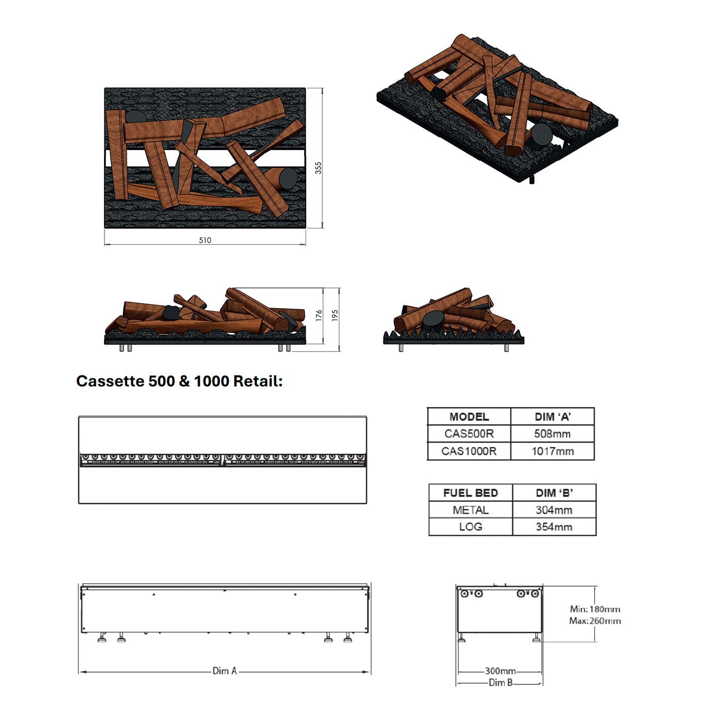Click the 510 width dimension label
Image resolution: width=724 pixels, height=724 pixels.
pyautogui.click(x=205, y=240)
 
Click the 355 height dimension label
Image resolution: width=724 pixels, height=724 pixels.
pyautogui.click(x=318, y=168)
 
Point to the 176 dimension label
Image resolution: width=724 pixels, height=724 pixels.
pyautogui.click(x=319, y=315)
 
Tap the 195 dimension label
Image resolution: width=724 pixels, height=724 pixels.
pyautogui.click(x=335, y=315)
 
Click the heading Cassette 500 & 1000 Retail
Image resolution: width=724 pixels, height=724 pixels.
pyautogui.click(x=179, y=381)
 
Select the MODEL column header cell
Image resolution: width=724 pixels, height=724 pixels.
pyautogui.click(x=469, y=417)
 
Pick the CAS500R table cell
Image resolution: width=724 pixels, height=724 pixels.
pyautogui.click(x=469, y=434)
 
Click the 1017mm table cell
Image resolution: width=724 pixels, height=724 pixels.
pyautogui.click(x=553, y=451)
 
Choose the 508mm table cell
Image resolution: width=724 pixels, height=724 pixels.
pyautogui.click(x=553, y=434)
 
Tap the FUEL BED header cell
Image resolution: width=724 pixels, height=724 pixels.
pyautogui.click(x=471, y=493)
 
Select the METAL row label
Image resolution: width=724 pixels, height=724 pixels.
pyautogui.click(x=471, y=510)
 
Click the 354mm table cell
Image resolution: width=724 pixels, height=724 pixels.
pyautogui.click(x=554, y=527)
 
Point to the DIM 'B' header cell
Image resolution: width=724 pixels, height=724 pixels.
pyautogui.click(x=554, y=493)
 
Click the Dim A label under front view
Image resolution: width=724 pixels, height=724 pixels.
pyautogui.click(x=224, y=671)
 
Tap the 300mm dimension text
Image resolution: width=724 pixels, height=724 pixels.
pyautogui.click(x=500, y=671)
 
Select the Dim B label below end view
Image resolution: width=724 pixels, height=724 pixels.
pyautogui.click(x=500, y=683)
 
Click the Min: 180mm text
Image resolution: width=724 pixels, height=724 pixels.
pyautogui.click(x=595, y=609)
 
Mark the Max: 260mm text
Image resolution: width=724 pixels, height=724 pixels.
pyautogui.click(x=595, y=621)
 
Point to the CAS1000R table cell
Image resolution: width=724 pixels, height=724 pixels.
pyautogui.click(x=469, y=451)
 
